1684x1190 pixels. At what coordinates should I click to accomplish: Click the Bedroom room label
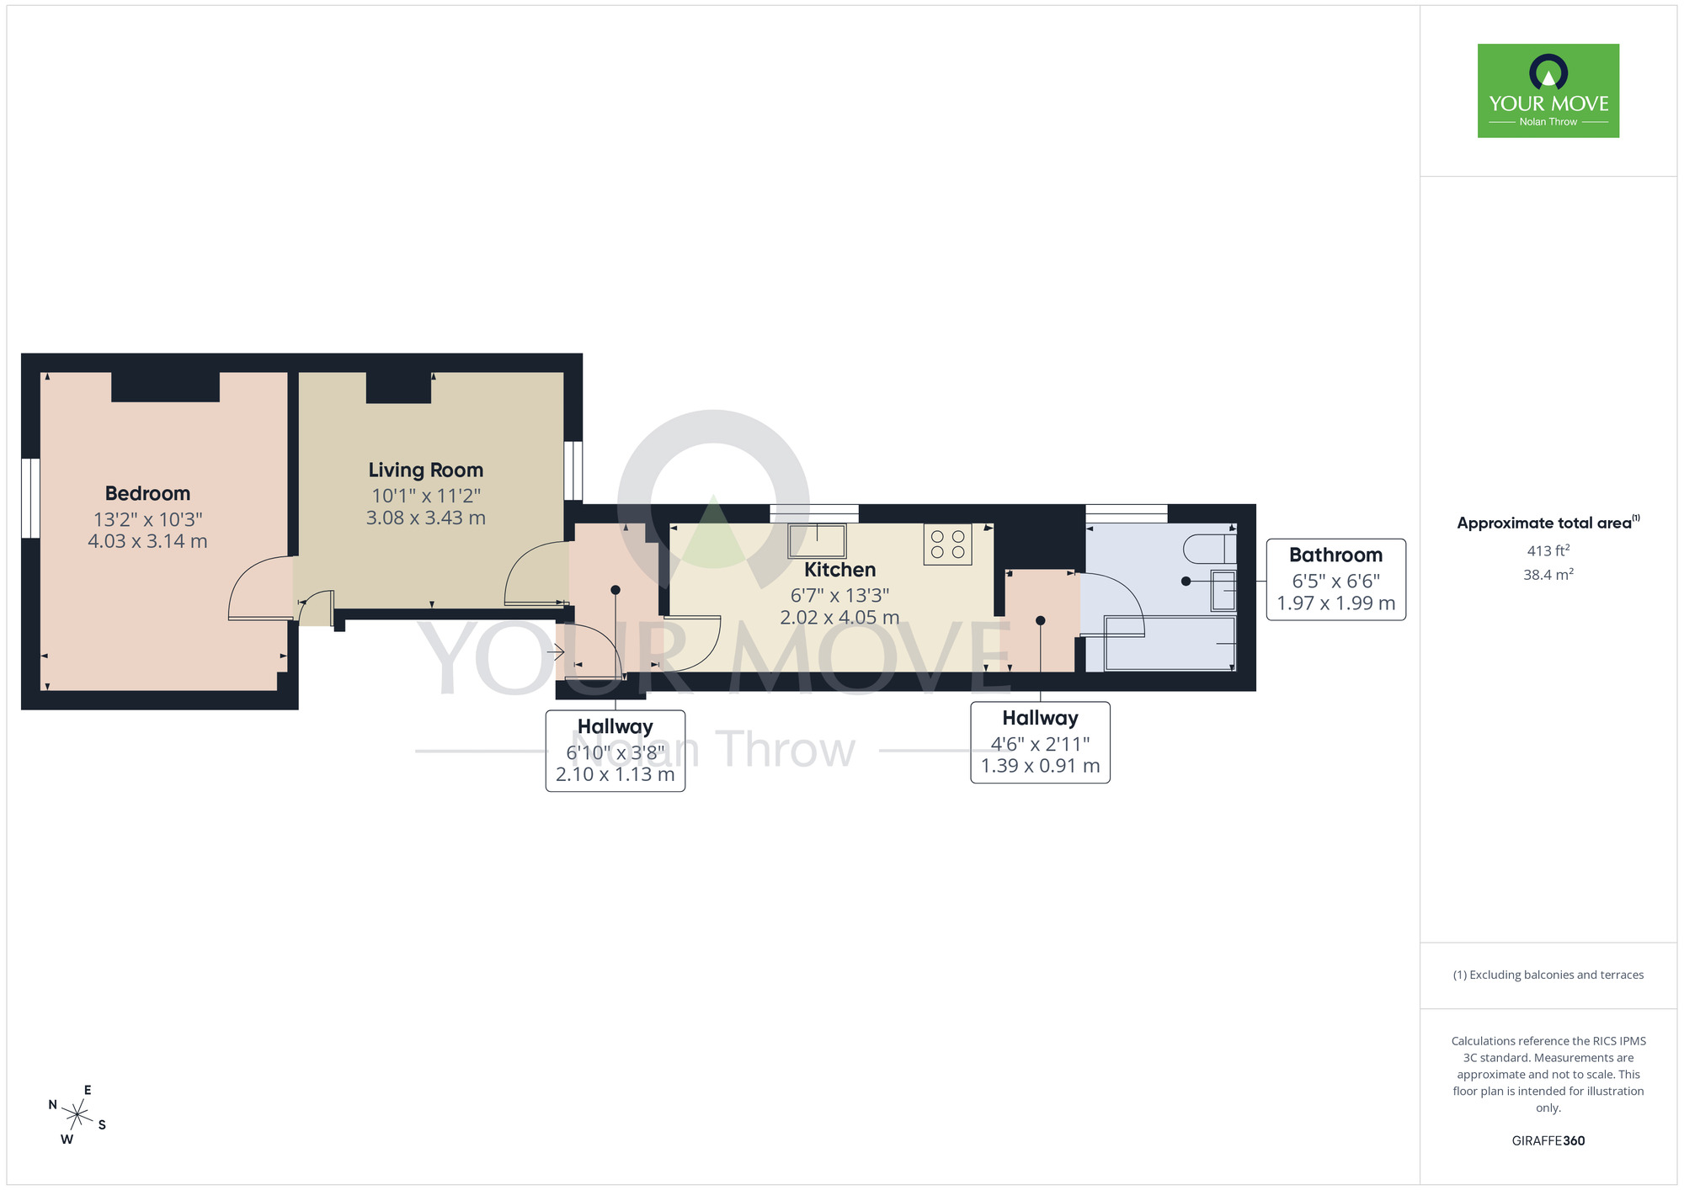tap(147, 493)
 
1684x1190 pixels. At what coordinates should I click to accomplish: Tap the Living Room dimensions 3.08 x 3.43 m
tap(425, 518)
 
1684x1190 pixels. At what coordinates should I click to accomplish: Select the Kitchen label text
tap(839, 570)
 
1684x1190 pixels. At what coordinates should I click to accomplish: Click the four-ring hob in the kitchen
tap(947, 544)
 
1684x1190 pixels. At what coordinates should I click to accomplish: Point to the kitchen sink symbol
tap(817, 540)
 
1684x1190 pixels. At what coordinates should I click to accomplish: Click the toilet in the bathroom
tap(1209, 549)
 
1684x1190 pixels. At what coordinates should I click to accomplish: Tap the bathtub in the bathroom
tap(1169, 643)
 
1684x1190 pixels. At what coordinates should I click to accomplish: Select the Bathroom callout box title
tap(1335, 555)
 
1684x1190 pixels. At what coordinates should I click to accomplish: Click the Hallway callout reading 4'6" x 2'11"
tap(1040, 743)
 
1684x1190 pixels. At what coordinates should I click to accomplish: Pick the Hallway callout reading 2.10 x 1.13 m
tap(615, 774)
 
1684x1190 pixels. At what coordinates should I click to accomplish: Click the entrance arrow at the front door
tap(555, 651)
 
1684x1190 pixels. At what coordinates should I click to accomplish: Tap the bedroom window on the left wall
tap(30, 497)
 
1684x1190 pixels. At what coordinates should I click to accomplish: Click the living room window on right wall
tap(573, 470)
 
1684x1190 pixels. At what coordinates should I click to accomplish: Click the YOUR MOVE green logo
tap(1548, 91)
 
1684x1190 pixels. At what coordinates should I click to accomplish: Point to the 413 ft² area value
tap(1548, 551)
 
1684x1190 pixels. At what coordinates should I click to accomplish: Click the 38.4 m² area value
tap(1548, 575)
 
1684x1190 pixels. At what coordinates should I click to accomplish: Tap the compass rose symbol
tap(77, 1116)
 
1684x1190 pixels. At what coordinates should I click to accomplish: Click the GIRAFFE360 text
tap(1548, 1141)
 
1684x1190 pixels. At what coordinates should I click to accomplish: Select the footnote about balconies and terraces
tap(1548, 975)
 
